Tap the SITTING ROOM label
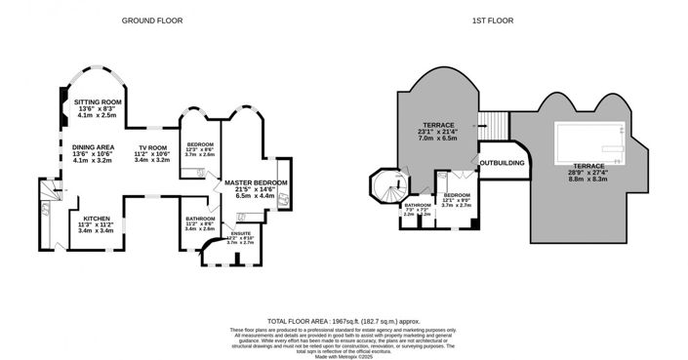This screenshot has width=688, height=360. [x=98, y=101]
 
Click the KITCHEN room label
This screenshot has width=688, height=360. [x=96, y=219]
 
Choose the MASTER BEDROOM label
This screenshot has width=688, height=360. [x=253, y=182]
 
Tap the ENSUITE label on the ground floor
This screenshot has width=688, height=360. [x=240, y=234]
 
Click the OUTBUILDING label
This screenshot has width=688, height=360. [x=502, y=163]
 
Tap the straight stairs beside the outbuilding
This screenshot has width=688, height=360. [x=496, y=125]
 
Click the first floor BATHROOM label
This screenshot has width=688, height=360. [x=418, y=205]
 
